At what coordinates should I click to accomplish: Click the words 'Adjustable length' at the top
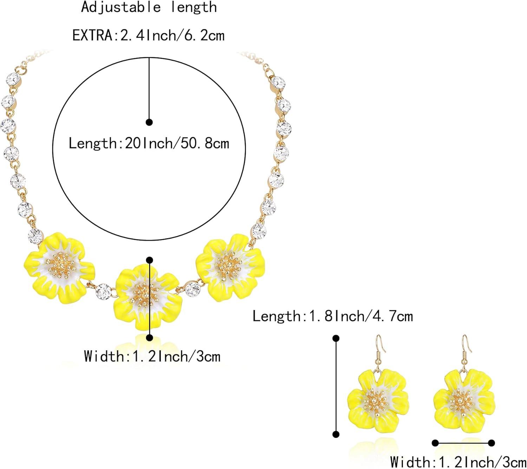point(149,7)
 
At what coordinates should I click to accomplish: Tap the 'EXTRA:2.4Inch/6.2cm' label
point(148,35)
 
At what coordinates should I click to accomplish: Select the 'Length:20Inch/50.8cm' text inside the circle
point(149,144)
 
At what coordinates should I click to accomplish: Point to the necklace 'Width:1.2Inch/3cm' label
point(152,356)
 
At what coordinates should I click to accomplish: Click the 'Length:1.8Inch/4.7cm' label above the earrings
point(333,316)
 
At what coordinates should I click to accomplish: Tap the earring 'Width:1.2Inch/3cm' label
point(458,462)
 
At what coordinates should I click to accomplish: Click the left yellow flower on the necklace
point(60,267)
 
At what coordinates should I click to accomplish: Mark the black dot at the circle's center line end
point(149,122)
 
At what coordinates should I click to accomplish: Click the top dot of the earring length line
point(336,338)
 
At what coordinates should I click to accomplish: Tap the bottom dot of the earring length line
point(336,434)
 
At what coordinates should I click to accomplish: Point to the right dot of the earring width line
point(492,443)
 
